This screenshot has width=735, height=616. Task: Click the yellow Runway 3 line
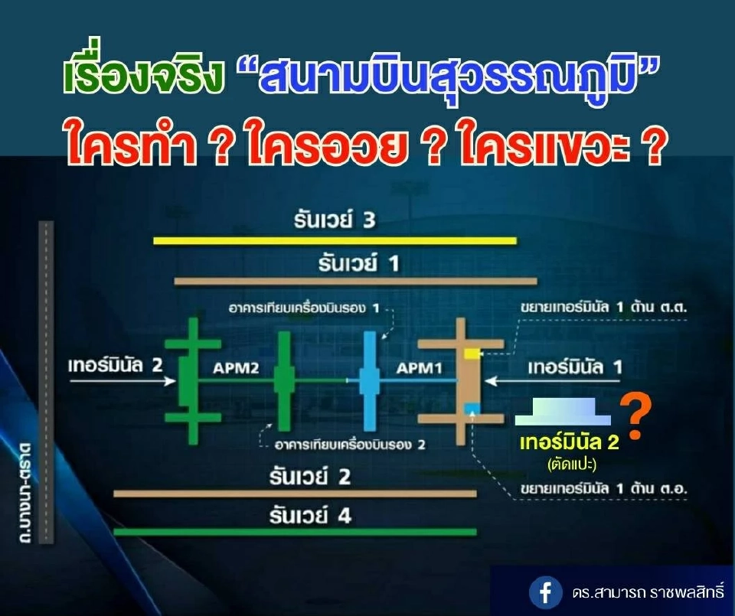tap(335, 241)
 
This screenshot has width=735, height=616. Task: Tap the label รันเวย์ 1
tap(359, 264)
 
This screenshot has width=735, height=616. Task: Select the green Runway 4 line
tap(294, 531)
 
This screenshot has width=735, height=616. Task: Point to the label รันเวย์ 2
tap(310, 477)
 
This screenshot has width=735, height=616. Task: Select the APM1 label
tap(420, 369)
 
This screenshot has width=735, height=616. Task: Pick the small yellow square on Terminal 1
tap(469, 353)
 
